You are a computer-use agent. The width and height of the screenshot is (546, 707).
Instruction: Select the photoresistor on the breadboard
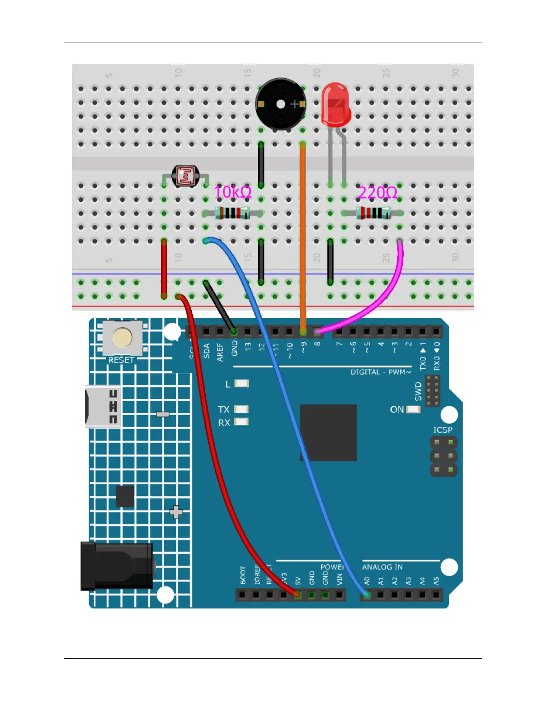(186, 176)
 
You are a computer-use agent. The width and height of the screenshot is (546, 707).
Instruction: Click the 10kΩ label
(233, 192)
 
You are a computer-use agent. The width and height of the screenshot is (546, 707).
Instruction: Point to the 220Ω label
(377, 193)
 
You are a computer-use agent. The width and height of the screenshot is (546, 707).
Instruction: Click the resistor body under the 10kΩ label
(232, 213)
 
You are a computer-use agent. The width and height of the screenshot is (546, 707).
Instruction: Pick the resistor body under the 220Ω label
(373, 213)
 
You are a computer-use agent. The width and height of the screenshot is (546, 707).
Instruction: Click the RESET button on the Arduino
(122, 338)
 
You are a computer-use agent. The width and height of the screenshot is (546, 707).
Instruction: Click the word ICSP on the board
(443, 430)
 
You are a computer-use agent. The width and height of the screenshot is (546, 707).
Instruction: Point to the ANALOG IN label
(382, 567)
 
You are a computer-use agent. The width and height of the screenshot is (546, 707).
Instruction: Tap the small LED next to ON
(414, 409)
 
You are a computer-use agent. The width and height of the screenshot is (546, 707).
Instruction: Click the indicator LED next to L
(241, 383)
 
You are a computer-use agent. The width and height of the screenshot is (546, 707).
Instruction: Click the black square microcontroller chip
(328, 433)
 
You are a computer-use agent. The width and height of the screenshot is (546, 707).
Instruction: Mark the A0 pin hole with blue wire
(367, 595)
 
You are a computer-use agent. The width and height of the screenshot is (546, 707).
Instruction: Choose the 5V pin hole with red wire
(298, 595)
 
